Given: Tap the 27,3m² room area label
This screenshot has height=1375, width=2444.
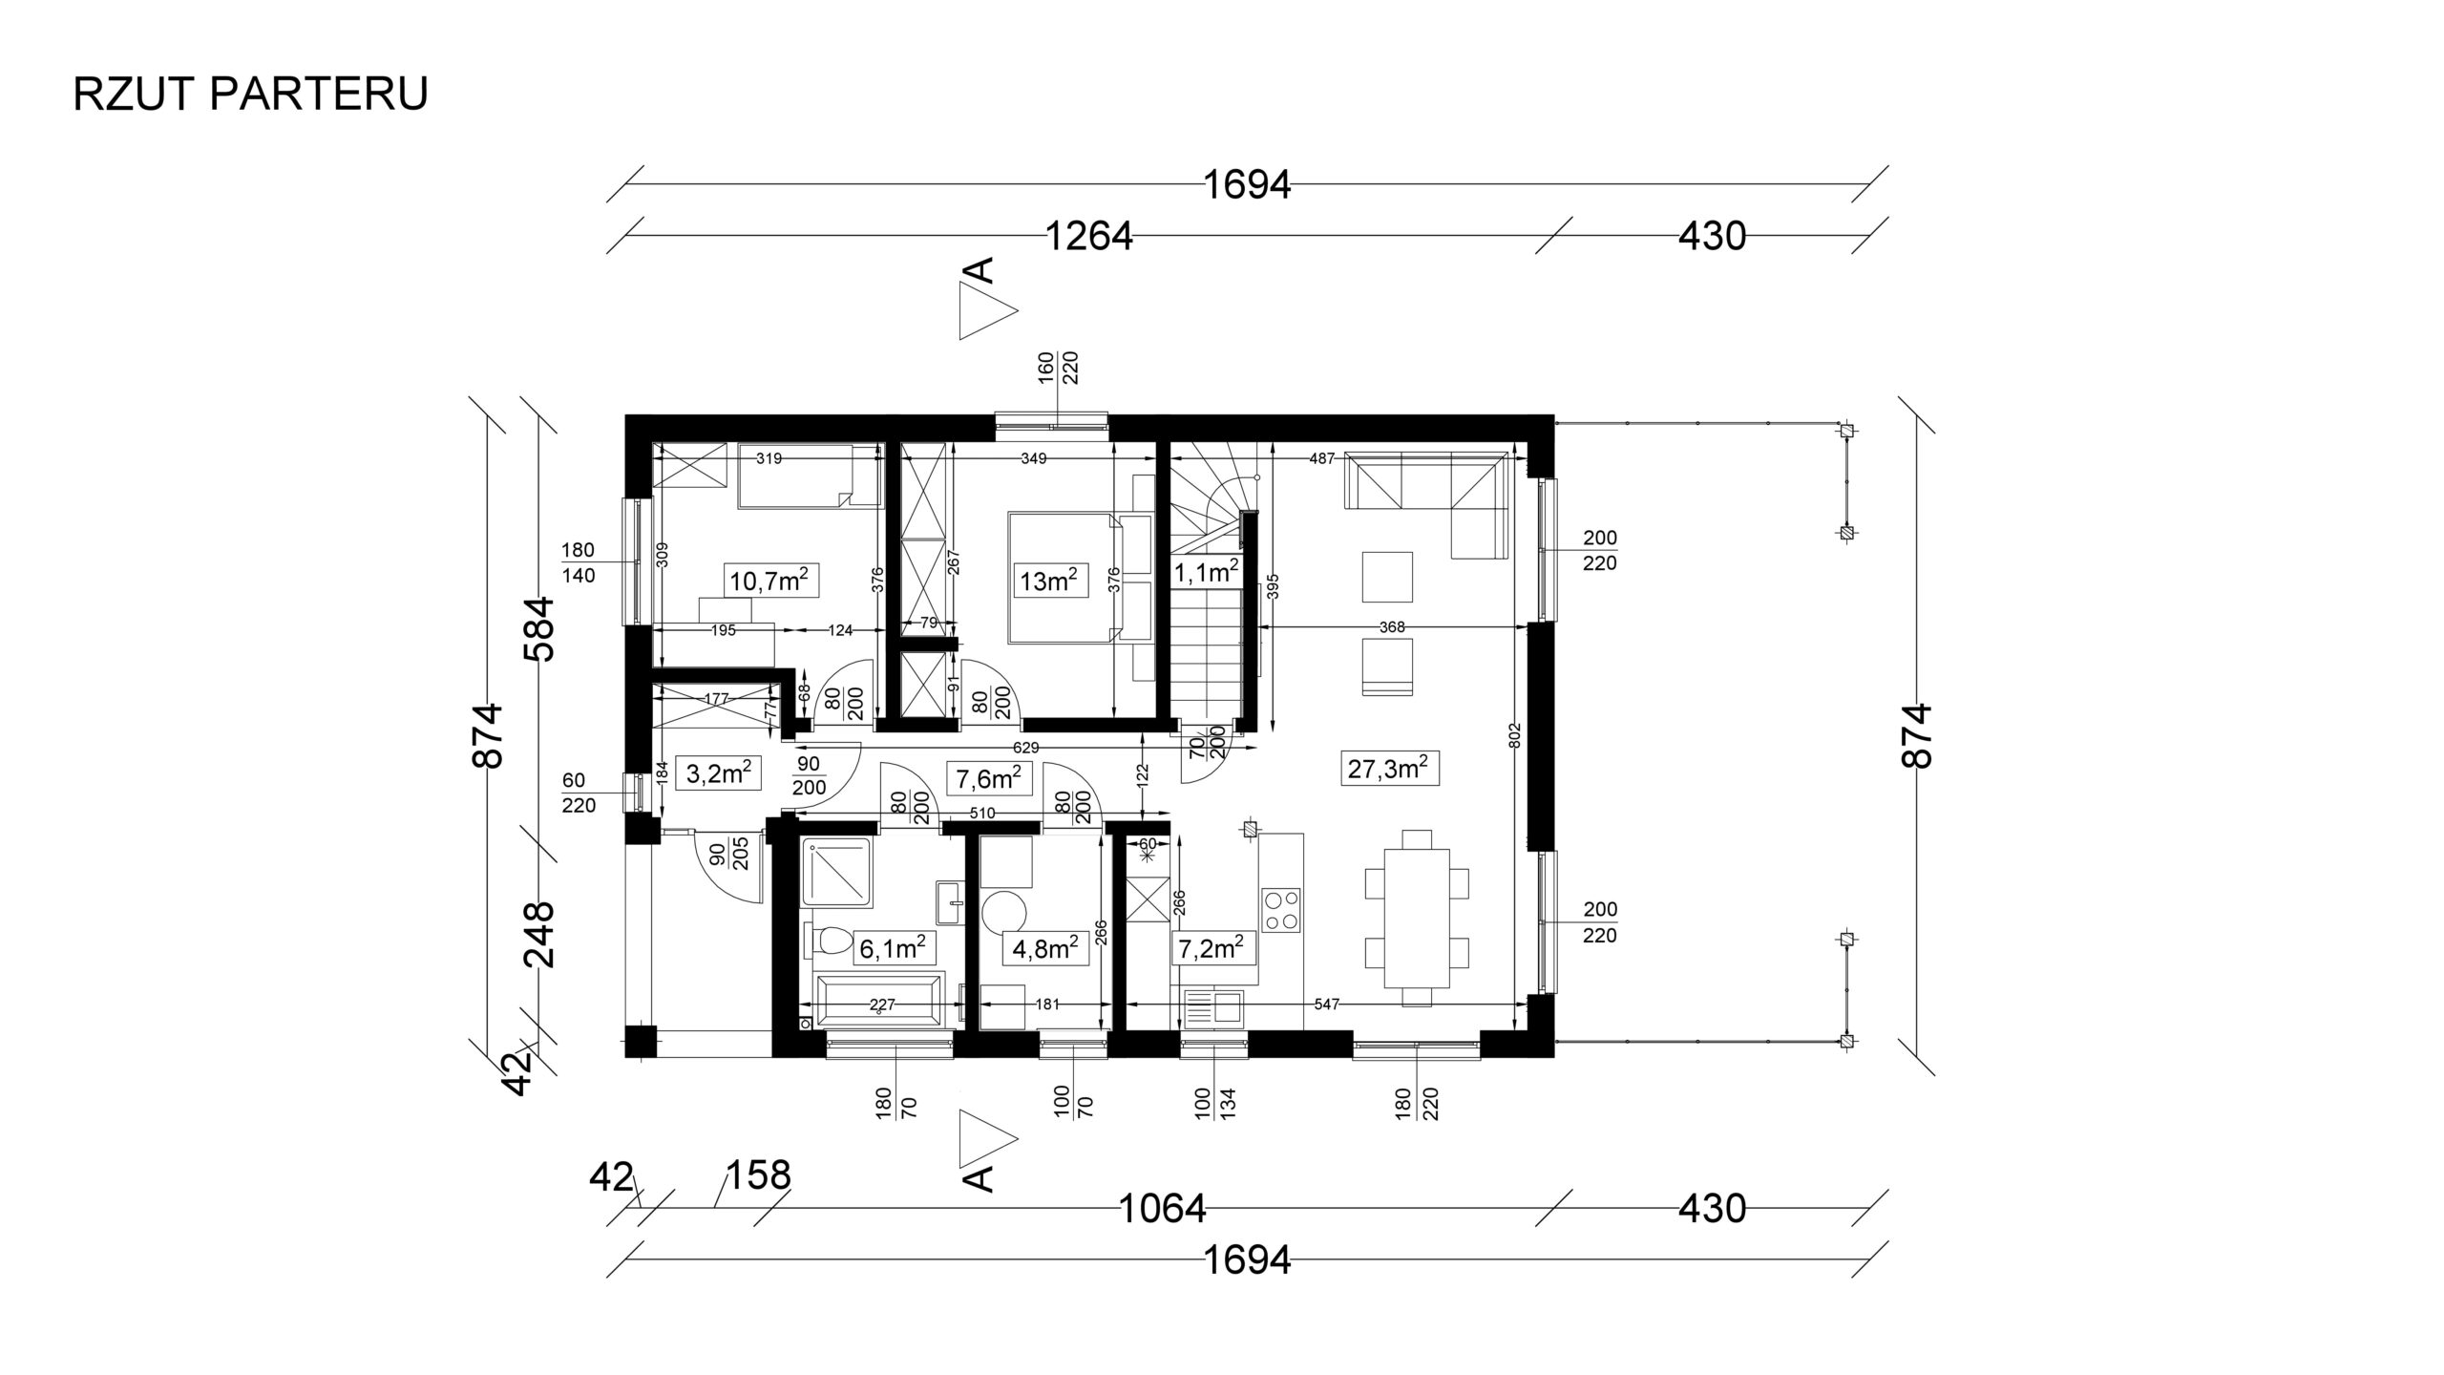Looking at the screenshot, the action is coord(1393,769).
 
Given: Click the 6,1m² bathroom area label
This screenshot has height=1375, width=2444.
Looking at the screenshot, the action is coord(892,948).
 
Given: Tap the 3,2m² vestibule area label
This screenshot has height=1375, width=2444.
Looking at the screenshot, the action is coord(722,772).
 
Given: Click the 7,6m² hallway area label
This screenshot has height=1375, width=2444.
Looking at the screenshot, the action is coord(989,778).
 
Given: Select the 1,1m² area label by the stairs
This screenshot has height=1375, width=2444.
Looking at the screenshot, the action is coord(1205,571).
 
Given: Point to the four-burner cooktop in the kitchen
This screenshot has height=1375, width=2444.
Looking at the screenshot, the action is coord(1281,910).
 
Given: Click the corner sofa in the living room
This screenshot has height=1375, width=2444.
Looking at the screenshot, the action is coord(1426,506).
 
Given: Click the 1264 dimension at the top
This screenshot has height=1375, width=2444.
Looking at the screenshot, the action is coord(1089,236).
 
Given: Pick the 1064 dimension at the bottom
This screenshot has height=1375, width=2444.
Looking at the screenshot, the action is coord(1162,1209).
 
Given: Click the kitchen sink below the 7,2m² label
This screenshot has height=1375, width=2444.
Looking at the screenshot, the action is coord(1213,1007).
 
